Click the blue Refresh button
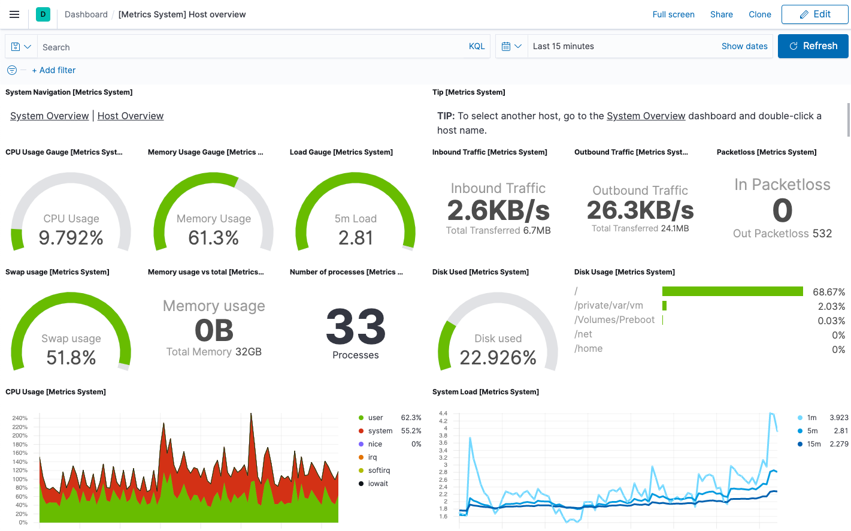[x=813, y=46]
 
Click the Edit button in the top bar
[x=814, y=14]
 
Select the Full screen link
[x=673, y=14]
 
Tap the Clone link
[x=759, y=14]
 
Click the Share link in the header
[x=721, y=14]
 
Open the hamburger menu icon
[x=14, y=14]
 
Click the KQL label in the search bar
[x=477, y=46]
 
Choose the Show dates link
[x=744, y=46]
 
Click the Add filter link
[x=54, y=70]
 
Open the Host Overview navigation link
[x=131, y=116]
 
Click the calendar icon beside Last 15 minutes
[x=506, y=46]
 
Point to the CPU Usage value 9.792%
[x=71, y=238]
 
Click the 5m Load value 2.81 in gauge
[x=356, y=238]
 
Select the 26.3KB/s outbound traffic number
[x=640, y=210]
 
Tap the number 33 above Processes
[x=356, y=327]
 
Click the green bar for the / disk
[x=732, y=291]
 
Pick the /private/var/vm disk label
[x=608, y=306]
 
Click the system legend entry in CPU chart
[x=380, y=431]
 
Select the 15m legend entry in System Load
[x=813, y=444]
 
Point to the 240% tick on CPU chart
[x=20, y=418]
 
